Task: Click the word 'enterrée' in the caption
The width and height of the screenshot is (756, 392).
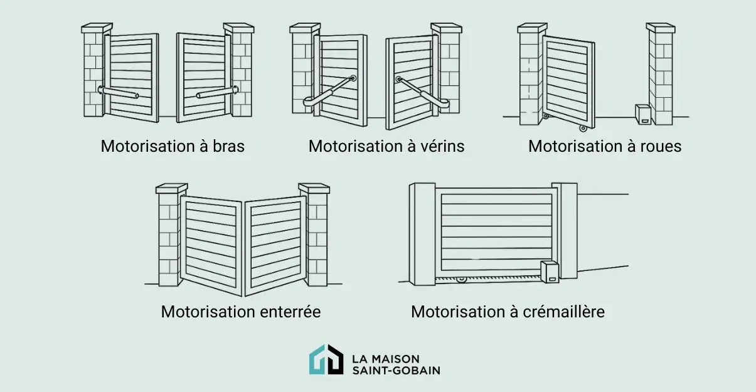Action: (291, 311)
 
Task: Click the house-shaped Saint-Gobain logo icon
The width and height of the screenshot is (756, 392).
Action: (326, 359)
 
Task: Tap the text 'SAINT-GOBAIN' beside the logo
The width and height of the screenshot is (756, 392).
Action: (396, 370)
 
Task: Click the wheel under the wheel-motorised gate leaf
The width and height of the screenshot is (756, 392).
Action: (583, 128)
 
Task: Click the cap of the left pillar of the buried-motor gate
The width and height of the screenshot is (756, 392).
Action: (171, 188)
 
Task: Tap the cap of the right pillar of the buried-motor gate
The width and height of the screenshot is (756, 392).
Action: (314, 188)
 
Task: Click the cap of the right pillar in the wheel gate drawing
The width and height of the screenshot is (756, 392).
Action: (661, 28)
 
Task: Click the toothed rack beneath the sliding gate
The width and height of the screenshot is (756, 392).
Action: (489, 277)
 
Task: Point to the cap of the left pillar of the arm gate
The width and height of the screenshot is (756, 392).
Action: (97, 28)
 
